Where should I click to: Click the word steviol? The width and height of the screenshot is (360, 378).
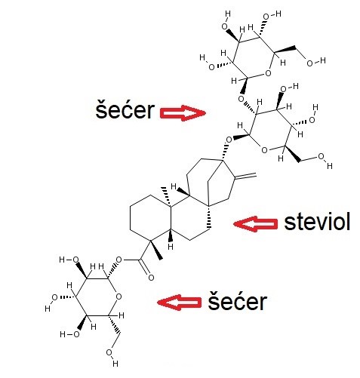[x=317, y=222]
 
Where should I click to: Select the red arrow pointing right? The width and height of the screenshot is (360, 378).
[x=183, y=113]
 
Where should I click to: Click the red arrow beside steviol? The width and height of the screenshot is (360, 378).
[x=256, y=223]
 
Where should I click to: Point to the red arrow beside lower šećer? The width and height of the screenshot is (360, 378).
[x=179, y=302]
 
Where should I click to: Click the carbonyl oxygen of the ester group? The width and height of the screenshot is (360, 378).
[x=151, y=278]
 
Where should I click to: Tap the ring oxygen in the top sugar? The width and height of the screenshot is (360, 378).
[x=269, y=73]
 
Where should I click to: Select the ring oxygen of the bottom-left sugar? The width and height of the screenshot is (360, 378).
[x=118, y=297]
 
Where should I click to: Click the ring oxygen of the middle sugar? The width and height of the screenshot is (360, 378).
[x=264, y=150]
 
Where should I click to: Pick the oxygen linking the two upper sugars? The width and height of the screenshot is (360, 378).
[x=242, y=99]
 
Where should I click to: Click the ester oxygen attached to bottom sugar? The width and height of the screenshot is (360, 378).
[x=118, y=260]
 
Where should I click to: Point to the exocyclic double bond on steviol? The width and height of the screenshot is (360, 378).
[x=245, y=177]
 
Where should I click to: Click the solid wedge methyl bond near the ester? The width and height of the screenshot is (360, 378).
[x=156, y=250]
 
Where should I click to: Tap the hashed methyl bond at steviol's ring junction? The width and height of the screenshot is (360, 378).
[x=167, y=197]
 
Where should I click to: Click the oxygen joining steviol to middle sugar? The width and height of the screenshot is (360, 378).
[x=229, y=140]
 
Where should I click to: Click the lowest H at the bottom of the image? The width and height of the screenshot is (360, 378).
[x=115, y=364]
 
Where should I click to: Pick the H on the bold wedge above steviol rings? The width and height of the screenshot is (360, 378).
[x=174, y=186]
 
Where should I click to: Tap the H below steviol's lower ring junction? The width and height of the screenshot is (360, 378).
[x=171, y=246]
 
